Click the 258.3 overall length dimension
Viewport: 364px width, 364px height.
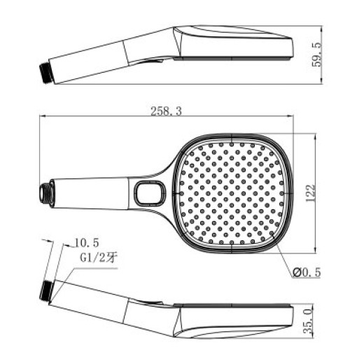(x=166, y=111)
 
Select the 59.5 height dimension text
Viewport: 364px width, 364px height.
(x=317, y=55)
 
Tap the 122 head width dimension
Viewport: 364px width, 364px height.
(x=311, y=193)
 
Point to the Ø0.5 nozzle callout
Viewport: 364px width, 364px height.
(x=307, y=272)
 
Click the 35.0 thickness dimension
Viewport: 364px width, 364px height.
(x=308, y=321)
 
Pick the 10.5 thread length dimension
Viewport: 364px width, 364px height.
(x=87, y=243)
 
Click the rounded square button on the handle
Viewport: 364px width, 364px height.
(x=150, y=192)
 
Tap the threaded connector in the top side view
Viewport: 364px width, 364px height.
(x=46, y=73)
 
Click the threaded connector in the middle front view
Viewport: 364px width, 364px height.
(x=47, y=193)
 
